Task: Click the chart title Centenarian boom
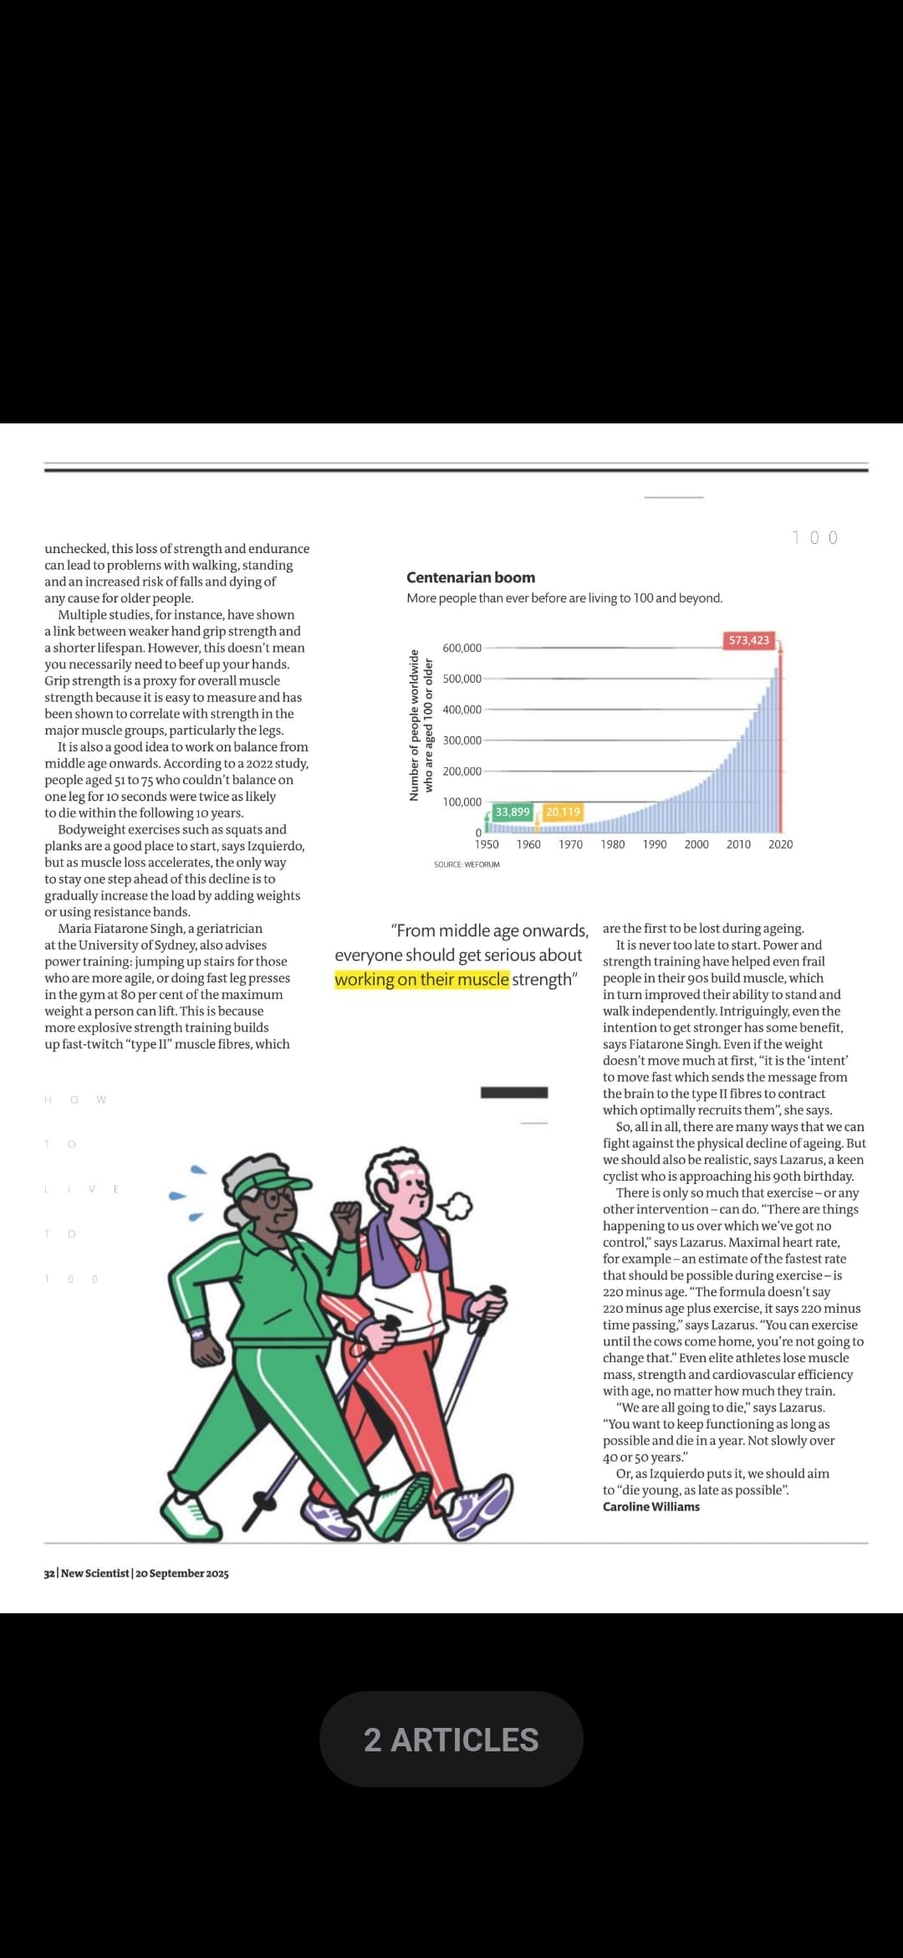[471, 577]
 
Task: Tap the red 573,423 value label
[748, 640]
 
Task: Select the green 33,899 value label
[513, 812]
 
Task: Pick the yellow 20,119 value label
[563, 812]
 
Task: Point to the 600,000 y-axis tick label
[462, 648]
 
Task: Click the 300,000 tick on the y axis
[462, 741]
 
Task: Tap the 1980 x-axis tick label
[613, 844]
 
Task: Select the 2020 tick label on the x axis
[780, 844]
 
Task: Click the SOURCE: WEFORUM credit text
[467, 864]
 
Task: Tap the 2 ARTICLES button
[451, 1740]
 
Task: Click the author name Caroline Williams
[651, 1507]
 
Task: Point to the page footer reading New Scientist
[136, 1573]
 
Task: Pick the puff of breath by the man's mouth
[457, 1206]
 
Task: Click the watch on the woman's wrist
[198, 1334]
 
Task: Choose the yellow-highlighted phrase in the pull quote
[421, 980]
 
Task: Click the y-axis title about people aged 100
[421, 725]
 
